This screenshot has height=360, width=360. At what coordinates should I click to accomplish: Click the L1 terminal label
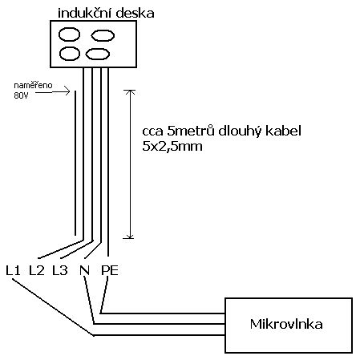point(13,270)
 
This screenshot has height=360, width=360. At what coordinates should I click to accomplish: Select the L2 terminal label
point(37,270)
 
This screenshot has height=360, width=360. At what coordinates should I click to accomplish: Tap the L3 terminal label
point(60,270)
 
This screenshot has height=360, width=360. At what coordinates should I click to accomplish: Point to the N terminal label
point(84,270)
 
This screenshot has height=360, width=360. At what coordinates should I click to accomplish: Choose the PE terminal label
point(110,270)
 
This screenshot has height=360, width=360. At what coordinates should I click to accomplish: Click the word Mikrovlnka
point(286,324)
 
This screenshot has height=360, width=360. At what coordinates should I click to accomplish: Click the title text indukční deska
point(106,14)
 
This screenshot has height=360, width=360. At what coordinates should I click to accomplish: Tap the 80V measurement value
point(21,95)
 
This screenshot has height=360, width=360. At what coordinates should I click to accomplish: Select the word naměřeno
point(33,86)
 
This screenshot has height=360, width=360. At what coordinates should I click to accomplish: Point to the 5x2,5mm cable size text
point(172,147)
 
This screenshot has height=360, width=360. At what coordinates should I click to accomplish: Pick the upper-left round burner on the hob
point(69,34)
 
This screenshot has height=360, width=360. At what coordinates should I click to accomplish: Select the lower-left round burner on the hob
point(70,54)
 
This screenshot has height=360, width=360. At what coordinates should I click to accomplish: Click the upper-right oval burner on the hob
point(103,35)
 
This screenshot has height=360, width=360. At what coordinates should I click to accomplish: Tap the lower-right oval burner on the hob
point(98,54)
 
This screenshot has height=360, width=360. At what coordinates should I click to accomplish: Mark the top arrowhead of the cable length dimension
point(130,91)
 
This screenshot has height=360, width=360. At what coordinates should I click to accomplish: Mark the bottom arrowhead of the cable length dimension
point(130,237)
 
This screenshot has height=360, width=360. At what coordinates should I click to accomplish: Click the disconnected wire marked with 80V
point(75,163)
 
